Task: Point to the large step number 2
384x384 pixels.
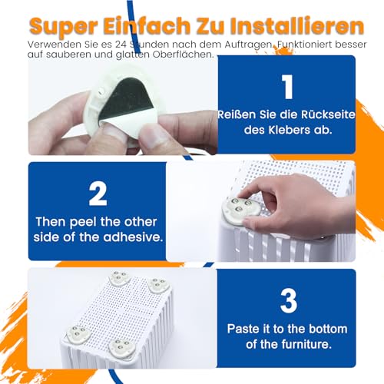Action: tap(98, 193)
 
